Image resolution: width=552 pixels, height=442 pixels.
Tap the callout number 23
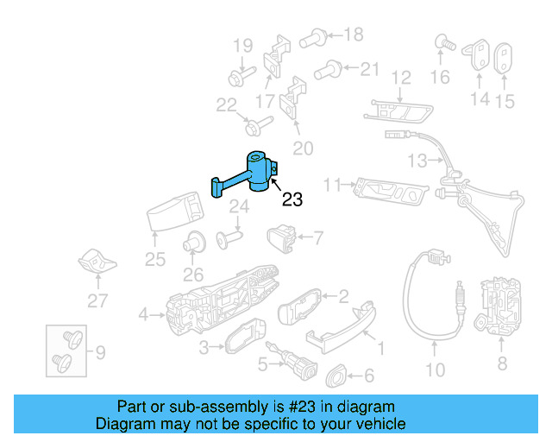pos(292,200)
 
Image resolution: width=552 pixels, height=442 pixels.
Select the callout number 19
pos(242,46)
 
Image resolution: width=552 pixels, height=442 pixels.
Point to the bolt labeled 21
pos(326,68)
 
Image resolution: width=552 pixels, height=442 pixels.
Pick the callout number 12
pos(401,79)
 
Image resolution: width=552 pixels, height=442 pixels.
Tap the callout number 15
pos(504,102)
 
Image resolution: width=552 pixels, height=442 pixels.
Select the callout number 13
pos(417,161)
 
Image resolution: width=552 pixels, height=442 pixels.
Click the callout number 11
pos(333,184)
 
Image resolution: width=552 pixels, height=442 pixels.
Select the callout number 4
pos(143,314)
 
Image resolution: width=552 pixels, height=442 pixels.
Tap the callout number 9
pos(100,352)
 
